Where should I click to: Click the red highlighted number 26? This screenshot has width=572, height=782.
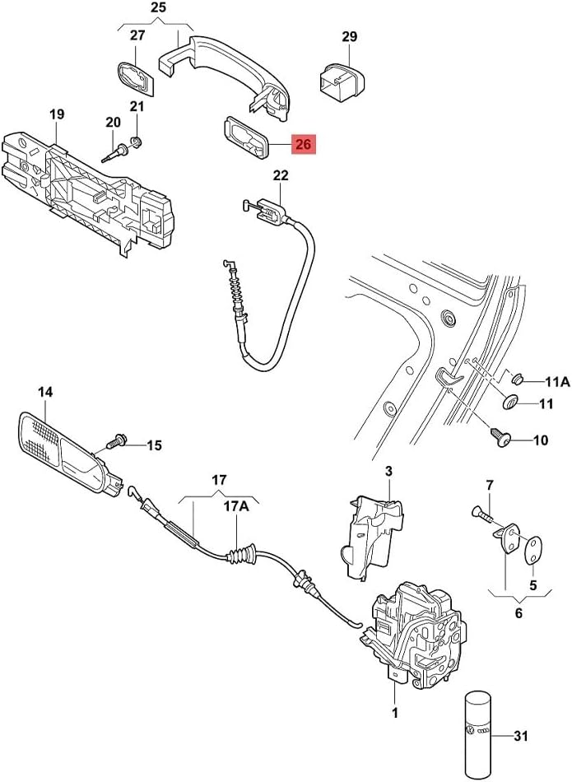pos(303,145)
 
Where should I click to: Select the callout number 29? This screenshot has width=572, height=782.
pos(350,36)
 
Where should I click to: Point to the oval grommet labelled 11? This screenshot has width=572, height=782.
pos(509,402)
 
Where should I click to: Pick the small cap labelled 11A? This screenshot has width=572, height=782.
pos(519,380)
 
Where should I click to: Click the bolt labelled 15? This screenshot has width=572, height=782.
pos(117,441)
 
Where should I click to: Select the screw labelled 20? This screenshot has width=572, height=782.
pos(114,152)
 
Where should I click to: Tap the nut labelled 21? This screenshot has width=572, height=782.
pos(135,143)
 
